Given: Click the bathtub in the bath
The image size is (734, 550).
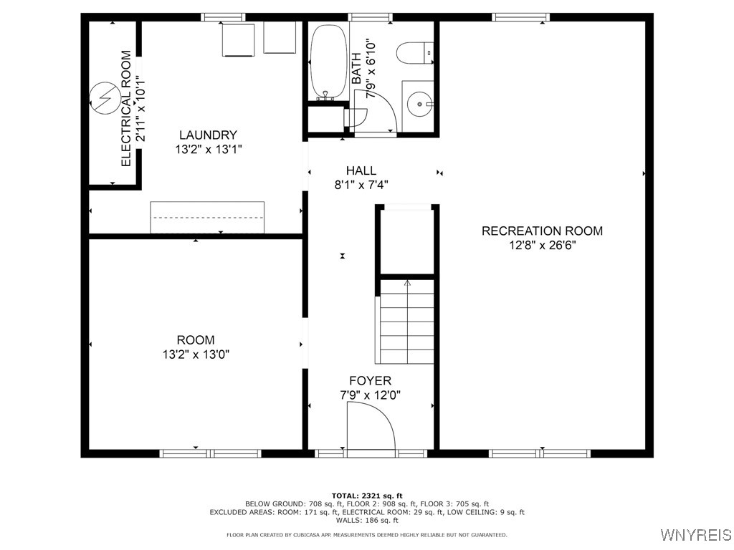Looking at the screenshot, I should tap(328, 63).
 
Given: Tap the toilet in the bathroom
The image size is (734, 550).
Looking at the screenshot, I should tap(415, 53).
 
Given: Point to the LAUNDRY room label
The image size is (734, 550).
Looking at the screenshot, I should tap(208, 135).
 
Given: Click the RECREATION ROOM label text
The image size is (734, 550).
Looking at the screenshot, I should tap(542, 231).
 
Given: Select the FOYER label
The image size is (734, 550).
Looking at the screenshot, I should tap(370, 380).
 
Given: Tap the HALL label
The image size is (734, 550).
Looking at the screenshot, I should tap(361, 170).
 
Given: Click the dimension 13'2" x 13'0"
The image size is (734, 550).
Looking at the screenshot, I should tap(196, 354).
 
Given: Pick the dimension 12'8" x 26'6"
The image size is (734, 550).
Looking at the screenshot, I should tap(542, 245).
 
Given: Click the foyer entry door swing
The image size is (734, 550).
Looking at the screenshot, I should tap(370, 427).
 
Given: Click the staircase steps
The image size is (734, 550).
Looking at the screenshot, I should tap(406, 322).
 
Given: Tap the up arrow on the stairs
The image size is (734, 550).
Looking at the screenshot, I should tap(407, 284).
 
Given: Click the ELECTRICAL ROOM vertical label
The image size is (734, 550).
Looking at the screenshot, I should tap(126, 108).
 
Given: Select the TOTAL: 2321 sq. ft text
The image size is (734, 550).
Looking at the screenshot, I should tap(367, 496).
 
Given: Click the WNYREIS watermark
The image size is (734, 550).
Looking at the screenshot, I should tap(695, 535).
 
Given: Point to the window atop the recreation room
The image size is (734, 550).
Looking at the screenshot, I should tap(520, 16).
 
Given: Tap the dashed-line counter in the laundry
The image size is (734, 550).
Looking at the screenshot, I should tap(207, 217).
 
